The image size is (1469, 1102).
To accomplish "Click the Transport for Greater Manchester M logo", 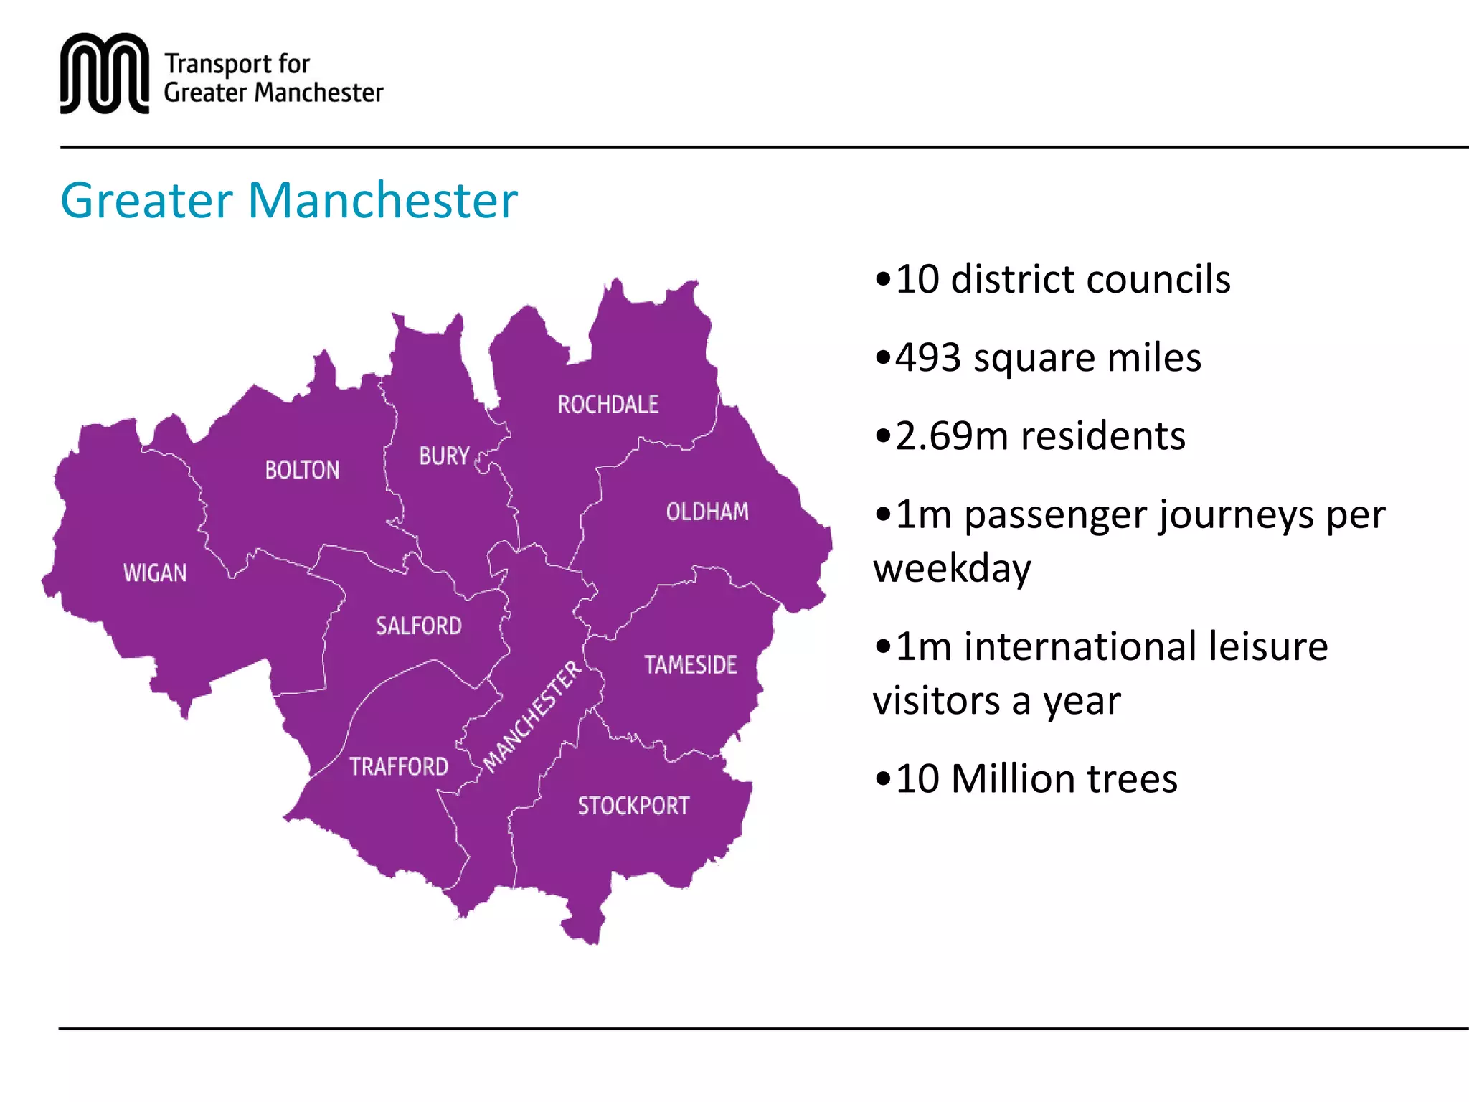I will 105,73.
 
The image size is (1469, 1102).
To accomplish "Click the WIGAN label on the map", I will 155,573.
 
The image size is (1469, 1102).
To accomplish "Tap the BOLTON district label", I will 302,470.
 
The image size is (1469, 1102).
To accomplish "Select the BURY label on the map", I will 444,456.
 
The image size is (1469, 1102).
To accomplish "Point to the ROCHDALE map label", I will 608,405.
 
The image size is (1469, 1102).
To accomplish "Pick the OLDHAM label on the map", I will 707,512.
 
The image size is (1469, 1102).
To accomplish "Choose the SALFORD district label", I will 419,626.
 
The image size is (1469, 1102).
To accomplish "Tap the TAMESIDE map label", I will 691,665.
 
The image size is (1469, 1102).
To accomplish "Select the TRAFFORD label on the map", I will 399,766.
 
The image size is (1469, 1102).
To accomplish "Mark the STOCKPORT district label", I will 633,806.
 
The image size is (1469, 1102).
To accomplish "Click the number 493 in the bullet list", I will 928,357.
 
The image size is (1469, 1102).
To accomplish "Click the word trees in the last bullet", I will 1133,778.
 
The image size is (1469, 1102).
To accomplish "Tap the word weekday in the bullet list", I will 952,568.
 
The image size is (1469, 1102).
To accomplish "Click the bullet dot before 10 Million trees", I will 882,779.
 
